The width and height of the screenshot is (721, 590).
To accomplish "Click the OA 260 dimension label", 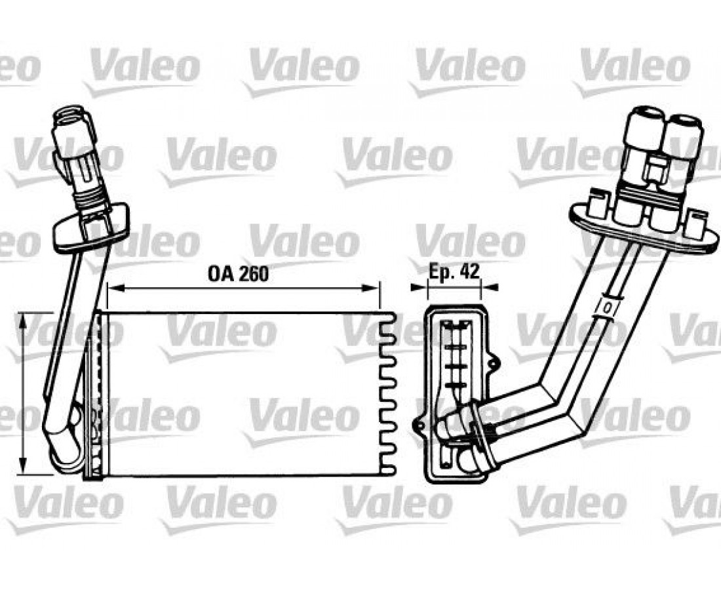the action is [238, 274].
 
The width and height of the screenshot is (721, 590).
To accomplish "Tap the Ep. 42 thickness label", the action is [454, 271].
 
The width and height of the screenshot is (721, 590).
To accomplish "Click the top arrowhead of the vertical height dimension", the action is [22, 321].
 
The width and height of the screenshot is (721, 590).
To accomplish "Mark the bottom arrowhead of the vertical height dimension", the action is [22, 465].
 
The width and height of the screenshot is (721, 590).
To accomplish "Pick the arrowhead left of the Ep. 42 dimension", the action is [419, 287].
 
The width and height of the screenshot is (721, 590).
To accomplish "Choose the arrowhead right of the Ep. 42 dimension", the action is [489, 287].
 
